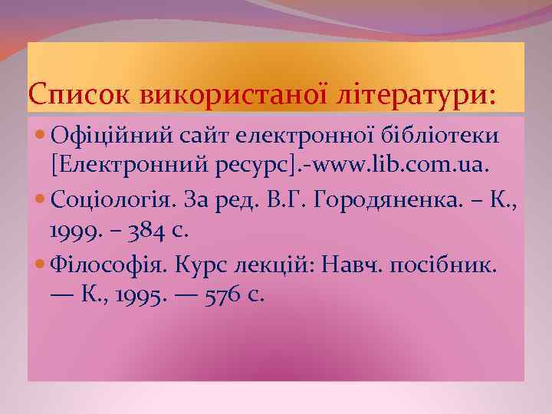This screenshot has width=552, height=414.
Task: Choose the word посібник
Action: [x=450, y=265]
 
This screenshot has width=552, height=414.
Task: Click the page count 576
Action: [x=226, y=294]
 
